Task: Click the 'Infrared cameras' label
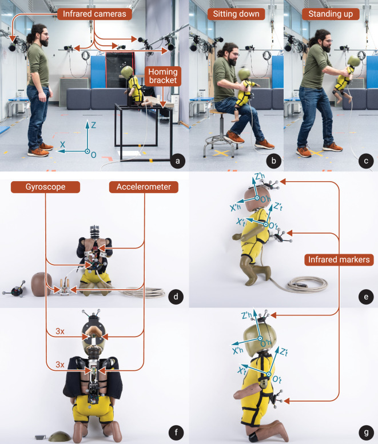[x=94, y=14]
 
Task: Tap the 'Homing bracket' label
[x=163, y=76]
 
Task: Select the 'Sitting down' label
[x=236, y=14]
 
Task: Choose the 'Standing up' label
[x=331, y=14]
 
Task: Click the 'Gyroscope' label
[x=45, y=187]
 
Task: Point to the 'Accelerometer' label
[x=144, y=187]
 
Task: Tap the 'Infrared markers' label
[x=339, y=259]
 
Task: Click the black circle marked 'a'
[x=178, y=161]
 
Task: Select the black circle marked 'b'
[x=273, y=161]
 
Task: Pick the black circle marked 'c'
[x=366, y=161]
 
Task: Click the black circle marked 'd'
[x=176, y=297]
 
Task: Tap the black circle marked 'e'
[x=366, y=297]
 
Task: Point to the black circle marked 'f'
[x=176, y=433]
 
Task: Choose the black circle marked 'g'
[x=366, y=433]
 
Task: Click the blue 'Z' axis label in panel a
[x=94, y=125]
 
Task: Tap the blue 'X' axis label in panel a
[x=63, y=145]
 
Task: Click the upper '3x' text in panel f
[x=60, y=331]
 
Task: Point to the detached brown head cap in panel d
[x=41, y=284]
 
